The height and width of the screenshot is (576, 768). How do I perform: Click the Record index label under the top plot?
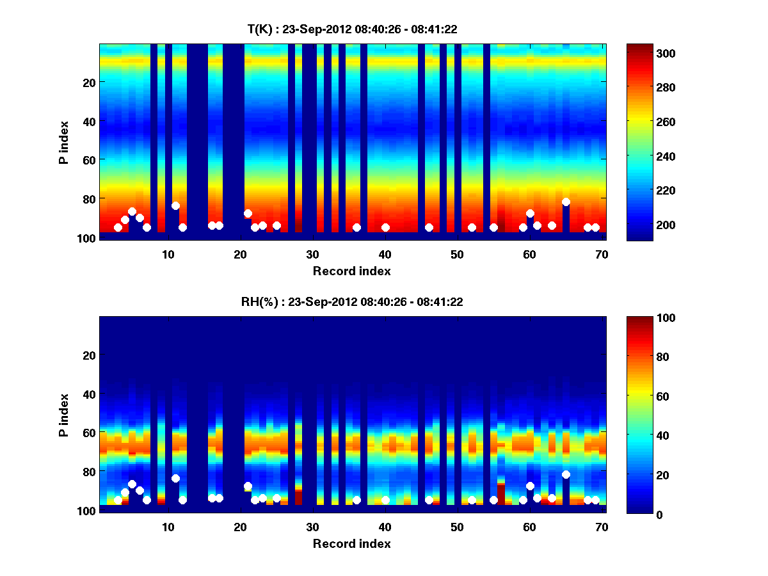point(351,271)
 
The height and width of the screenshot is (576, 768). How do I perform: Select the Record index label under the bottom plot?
point(351,543)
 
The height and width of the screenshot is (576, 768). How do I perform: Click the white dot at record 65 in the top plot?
point(566,202)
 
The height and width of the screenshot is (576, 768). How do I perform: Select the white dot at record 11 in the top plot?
point(175,205)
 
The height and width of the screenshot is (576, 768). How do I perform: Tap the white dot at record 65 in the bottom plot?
point(566,474)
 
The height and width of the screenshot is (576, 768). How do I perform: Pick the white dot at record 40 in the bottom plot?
point(385,500)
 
